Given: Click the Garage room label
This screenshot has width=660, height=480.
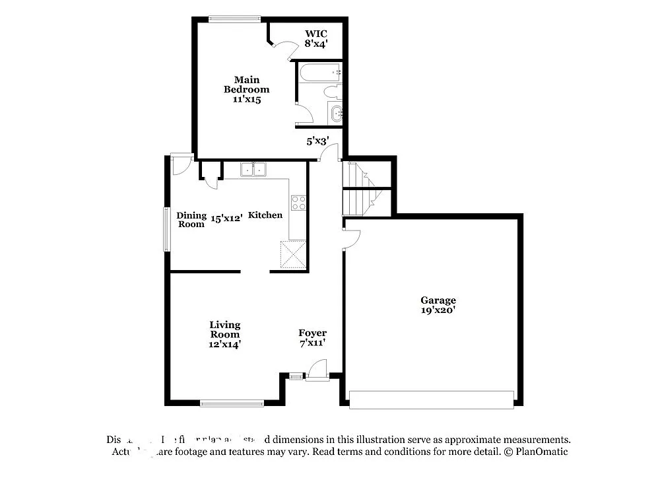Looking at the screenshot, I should (x=438, y=300).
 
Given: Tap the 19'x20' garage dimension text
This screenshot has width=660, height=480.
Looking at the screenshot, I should (x=438, y=310).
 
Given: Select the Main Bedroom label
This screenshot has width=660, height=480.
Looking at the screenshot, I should (x=246, y=85).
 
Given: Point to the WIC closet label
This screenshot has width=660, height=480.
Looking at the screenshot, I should (x=315, y=34).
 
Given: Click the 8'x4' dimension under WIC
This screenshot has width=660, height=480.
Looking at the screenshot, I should (x=315, y=44).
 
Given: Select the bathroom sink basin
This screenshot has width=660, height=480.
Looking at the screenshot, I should (x=337, y=113).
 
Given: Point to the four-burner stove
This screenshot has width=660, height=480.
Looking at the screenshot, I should (x=298, y=203).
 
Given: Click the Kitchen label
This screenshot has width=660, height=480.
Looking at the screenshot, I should (x=265, y=215).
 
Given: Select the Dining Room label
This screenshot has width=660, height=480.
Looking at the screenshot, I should (x=191, y=219).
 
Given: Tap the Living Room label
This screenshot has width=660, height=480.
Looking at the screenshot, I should (x=225, y=333).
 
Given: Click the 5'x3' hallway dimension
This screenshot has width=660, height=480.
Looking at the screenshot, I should (x=317, y=140).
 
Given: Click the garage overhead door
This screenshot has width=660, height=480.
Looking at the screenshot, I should (x=431, y=399).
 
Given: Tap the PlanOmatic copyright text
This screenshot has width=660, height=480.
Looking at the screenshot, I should (x=535, y=452).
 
